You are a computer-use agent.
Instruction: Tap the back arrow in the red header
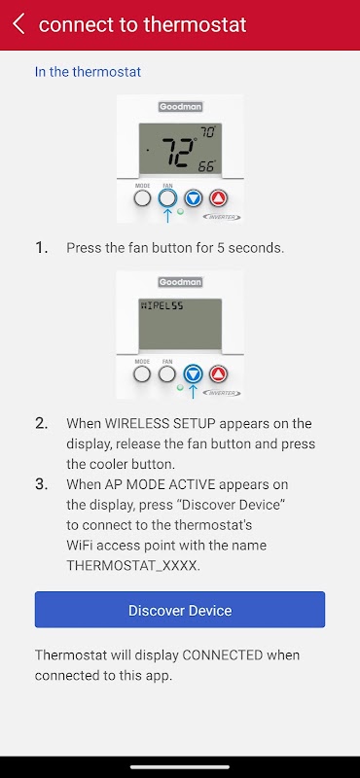[x=18, y=23]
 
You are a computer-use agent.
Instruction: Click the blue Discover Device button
[x=180, y=610]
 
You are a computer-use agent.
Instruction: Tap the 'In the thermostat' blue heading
[x=88, y=72]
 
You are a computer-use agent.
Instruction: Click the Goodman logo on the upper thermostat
[x=180, y=107]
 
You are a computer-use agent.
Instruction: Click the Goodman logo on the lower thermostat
[x=180, y=282]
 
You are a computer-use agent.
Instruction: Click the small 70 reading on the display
[x=208, y=132]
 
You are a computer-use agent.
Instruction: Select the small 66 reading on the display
[x=206, y=166]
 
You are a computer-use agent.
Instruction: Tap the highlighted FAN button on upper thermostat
[x=167, y=198]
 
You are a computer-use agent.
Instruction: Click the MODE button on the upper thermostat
[x=142, y=198]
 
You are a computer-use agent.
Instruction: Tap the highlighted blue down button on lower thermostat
[x=194, y=374]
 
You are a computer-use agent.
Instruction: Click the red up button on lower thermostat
[x=218, y=374]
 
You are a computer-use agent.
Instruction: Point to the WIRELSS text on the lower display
[x=162, y=306]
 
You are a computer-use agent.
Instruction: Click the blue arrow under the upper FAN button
[x=167, y=215]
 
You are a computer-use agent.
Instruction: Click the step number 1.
[x=41, y=248]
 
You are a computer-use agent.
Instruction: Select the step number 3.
[x=41, y=484]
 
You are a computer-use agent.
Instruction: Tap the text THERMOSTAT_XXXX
[x=133, y=566]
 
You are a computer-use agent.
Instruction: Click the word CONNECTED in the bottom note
[x=223, y=654]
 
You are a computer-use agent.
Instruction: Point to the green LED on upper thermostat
[x=180, y=212]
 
